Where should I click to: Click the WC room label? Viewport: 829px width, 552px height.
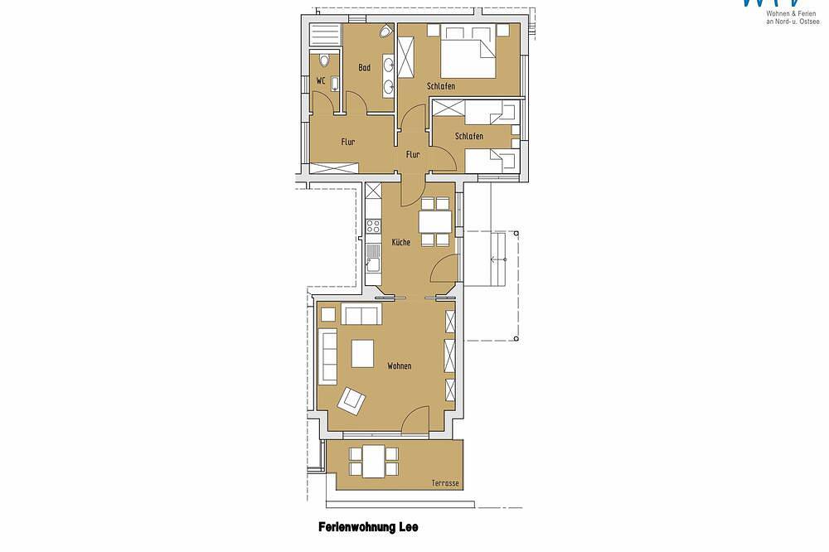pos(320,81)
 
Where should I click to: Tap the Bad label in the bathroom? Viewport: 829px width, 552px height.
pos(364,68)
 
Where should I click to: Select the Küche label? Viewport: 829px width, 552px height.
pos(400,242)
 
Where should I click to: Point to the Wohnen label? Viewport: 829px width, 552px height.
pos(400,366)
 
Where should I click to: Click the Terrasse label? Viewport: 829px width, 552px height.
pos(445,483)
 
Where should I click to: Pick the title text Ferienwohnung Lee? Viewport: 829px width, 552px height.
pos(368,527)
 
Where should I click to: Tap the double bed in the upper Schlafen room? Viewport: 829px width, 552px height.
pos(468,51)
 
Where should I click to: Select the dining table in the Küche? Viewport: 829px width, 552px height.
pos(435,221)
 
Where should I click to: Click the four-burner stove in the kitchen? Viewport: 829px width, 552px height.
pos(373,226)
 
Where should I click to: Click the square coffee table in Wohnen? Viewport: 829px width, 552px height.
pos(363,353)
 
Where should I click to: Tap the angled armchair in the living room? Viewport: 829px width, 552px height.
pos(351,400)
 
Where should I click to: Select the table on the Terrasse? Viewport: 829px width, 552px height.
pos(373,461)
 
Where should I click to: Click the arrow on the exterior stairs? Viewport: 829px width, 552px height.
pos(498,259)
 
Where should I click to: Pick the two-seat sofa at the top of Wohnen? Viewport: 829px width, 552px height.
pos(361,315)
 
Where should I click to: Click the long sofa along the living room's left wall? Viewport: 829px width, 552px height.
pos(327,356)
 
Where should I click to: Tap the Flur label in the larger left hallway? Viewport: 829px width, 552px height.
pos(348,142)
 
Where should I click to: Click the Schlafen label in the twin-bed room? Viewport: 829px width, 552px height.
pos(469,136)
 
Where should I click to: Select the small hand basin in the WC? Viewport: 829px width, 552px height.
pos(334,84)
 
